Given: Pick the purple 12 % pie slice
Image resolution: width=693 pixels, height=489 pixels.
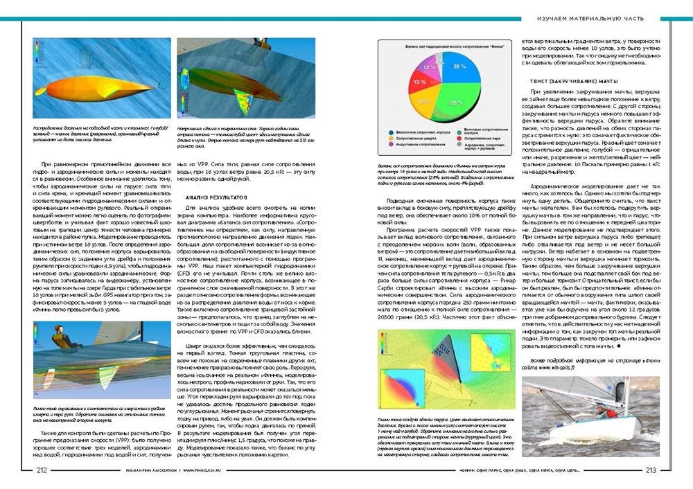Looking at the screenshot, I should pyautogui.click(x=431, y=66).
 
